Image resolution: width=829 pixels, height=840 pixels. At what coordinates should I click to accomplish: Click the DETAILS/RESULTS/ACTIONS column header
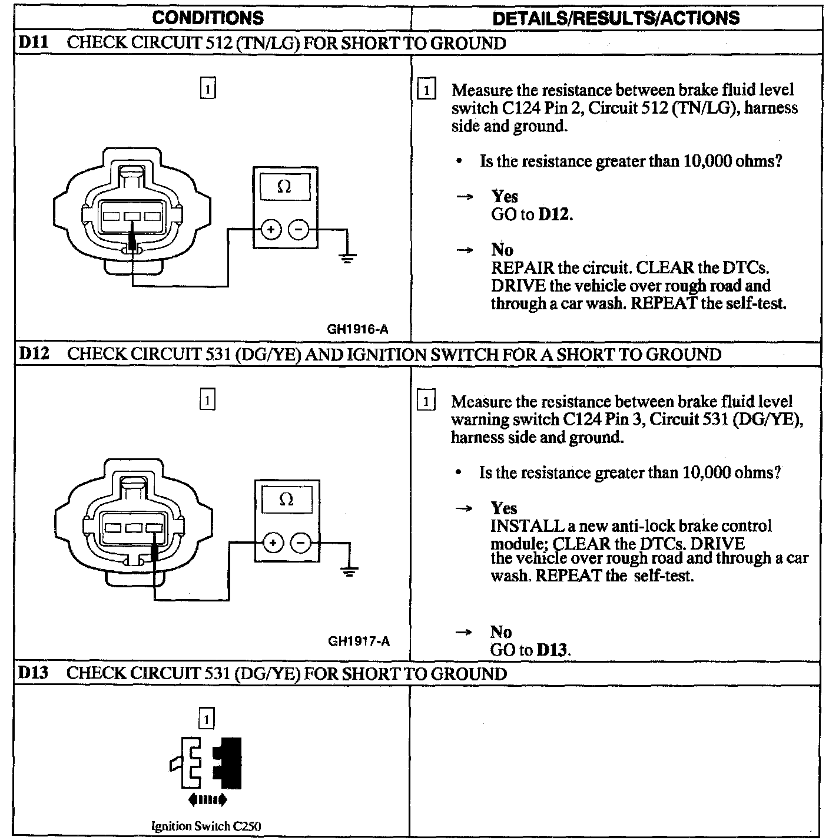615,18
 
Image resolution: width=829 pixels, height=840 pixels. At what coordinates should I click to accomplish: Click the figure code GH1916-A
358,330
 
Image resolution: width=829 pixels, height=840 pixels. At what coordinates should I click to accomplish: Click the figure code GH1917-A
359,641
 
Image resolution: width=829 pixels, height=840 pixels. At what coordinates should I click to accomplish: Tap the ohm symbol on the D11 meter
284,187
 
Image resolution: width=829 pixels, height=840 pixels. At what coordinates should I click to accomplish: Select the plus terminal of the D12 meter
273,542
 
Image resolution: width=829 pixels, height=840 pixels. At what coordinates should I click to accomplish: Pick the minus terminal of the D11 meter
299,229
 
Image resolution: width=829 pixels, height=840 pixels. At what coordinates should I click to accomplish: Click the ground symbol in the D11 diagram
347,257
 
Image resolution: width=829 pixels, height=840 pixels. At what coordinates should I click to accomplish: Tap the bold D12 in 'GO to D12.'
554,214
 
